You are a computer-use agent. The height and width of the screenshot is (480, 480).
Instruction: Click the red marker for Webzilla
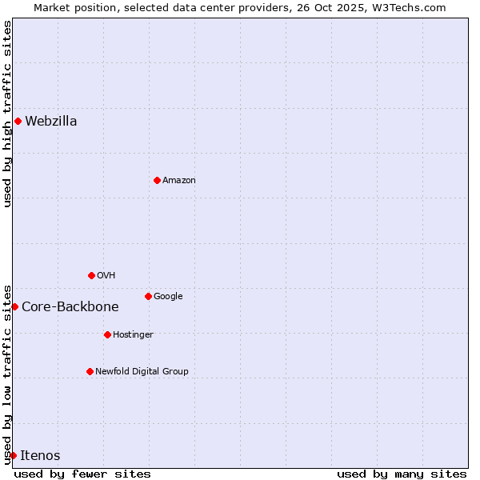tap(18, 122)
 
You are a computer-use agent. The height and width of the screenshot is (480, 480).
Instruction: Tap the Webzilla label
tap(51, 122)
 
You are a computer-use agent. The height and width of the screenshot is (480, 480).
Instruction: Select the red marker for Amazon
tap(157, 181)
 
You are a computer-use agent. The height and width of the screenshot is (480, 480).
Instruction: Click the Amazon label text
tap(179, 181)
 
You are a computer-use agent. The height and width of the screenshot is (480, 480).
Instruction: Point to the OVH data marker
tap(91, 276)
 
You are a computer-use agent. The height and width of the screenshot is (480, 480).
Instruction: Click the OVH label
tap(106, 276)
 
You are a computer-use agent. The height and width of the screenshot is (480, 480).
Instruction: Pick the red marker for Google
tap(148, 297)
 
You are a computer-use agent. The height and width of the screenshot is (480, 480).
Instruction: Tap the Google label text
tap(168, 297)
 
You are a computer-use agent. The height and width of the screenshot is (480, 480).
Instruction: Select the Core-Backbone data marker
tap(14, 307)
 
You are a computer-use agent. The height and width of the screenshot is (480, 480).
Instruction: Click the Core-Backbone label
tap(70, 307)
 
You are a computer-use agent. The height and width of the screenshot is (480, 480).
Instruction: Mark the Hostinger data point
tap(107, 335)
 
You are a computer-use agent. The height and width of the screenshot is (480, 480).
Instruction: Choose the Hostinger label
tap(133, 335)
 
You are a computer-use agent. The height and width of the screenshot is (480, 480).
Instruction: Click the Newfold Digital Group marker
tap(90, 372)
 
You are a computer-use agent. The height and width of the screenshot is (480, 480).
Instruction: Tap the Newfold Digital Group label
tap(142, 372)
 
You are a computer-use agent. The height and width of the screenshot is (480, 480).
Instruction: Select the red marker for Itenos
tap(13, 456)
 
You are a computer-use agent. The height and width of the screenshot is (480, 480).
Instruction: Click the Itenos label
tap(40, 456)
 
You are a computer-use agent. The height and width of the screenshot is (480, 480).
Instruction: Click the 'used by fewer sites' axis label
tap(82, 474)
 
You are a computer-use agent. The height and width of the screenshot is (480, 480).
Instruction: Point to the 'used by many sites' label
tap(402, 474)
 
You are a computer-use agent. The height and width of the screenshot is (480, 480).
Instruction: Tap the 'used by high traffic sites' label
tap(8, 114)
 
